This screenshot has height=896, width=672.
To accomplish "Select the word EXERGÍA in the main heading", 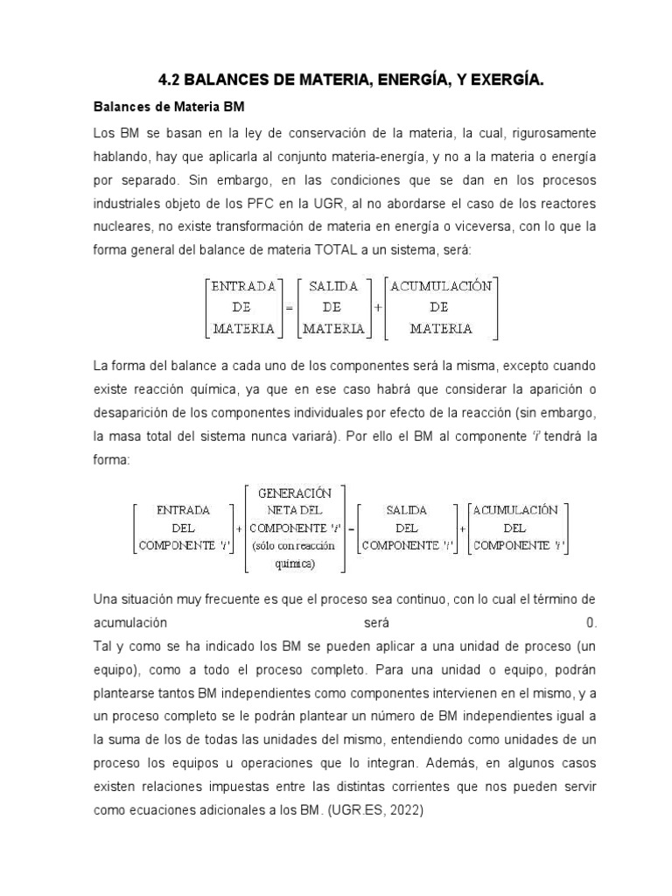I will point(507,81).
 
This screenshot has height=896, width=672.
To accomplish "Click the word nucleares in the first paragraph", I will point(122,226).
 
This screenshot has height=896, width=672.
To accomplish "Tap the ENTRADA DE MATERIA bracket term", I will point(241,307).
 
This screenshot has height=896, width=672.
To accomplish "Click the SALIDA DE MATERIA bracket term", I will point(332,307).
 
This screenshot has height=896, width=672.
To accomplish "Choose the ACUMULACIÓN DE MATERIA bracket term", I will point(441,307).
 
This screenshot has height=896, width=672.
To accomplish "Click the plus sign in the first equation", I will point(377,308).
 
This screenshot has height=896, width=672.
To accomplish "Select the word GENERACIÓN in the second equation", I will point(294,492).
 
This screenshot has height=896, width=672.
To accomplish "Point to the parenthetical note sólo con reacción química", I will point(294,554).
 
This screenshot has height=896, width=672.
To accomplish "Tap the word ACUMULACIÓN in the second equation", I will point(518,510).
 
